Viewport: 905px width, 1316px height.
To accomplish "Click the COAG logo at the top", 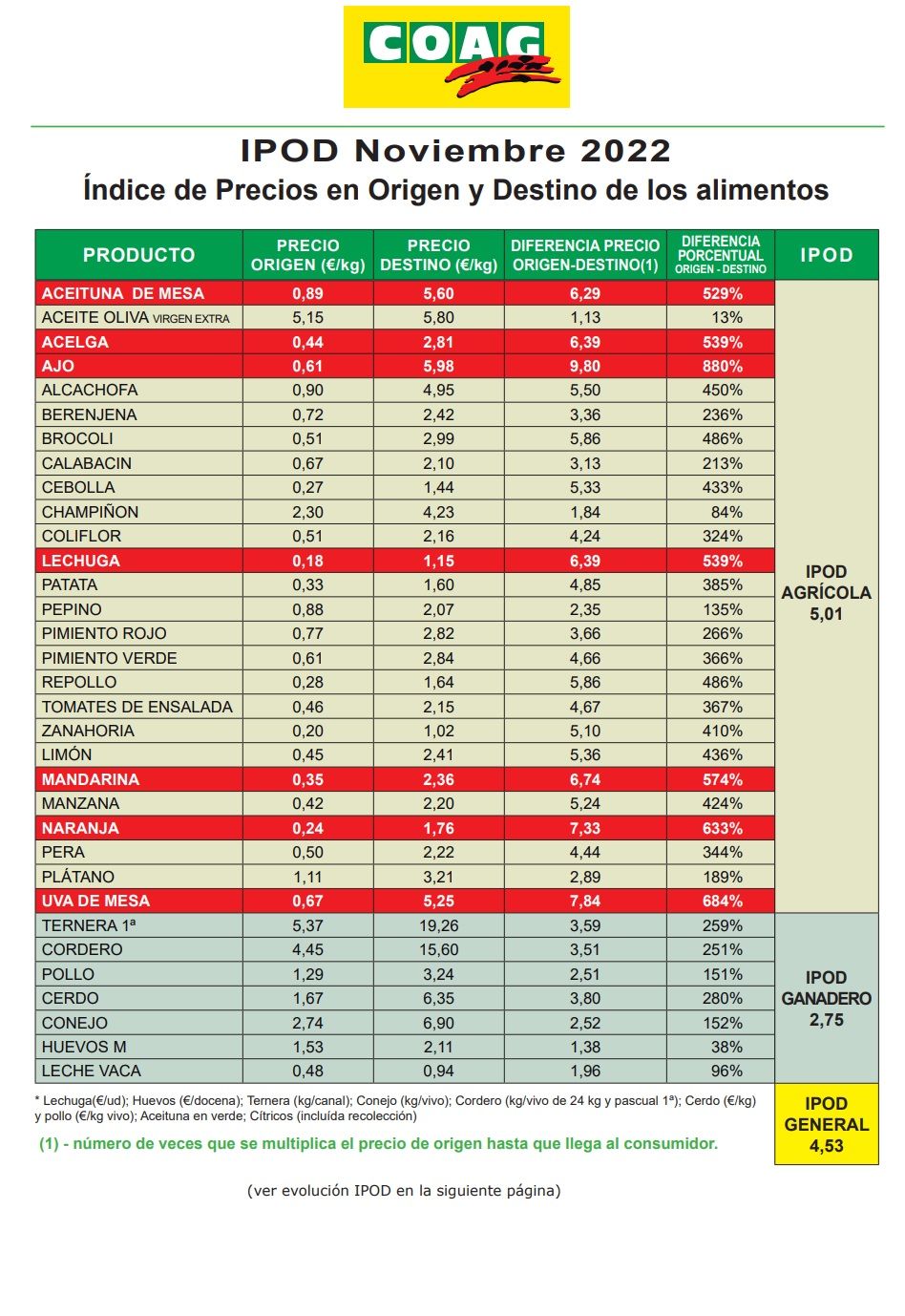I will pyautogui.click(x=456, y=56).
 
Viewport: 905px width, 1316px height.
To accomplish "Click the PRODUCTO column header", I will pyautogui.click(x=138, y=255).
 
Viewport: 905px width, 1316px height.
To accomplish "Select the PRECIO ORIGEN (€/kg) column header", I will pyautogui.click(x=307, y=255).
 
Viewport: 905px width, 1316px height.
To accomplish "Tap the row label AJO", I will pyautogui.click(x=58, y=366).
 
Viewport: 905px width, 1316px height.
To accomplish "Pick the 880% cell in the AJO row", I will pyautogui.click(x=722, y=366).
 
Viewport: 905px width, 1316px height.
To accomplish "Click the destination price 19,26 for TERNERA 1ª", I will pyautogui.click(x=438, y=925).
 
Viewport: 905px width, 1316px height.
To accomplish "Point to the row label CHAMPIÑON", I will pyautogui.click(x=90, y=512).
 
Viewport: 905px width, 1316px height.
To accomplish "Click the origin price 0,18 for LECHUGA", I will pyautogui.click(x=307, y=561).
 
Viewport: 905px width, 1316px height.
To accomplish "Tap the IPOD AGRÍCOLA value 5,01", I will pyautogui.click(x=826, y=614).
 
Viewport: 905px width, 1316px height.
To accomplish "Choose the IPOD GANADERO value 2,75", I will pyautogui.click(x=826, y=1020).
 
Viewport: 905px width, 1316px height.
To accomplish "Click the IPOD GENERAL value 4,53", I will pyautogui.click(x=826, y=1146).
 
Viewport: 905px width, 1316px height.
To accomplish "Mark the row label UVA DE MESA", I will pyautogui.click(x=95, y=901).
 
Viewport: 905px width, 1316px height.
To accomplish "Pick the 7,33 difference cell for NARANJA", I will pyautogui.click(x=584, y=828).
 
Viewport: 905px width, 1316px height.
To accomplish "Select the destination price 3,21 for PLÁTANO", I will pyautogui.click(x=438, y=877).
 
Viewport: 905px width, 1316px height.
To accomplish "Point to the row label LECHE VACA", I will pyautogui.click(x=91, y=1071).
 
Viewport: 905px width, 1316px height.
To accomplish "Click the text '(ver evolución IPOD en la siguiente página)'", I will pyautogui.click(x=404, y=1190).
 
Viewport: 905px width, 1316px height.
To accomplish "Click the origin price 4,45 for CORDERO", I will pyautogui.click(x=307, y=949).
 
